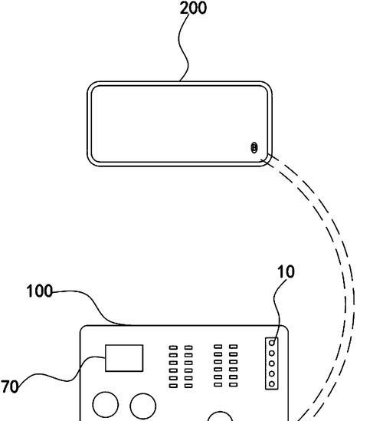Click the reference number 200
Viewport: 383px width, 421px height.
pos(193,8)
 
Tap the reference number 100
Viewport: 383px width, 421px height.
pos(39,291)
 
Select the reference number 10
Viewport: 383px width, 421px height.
pos(286,271)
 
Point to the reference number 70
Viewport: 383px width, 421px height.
pos(10,387)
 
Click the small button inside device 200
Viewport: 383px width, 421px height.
pos(254,148)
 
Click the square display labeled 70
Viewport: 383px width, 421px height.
pos(124,358)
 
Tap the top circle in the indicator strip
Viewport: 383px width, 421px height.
pos(272,343)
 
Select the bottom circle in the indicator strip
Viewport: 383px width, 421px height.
pos(272,384)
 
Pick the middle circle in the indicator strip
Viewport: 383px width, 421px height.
pos(272,363)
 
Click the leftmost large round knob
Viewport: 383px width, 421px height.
pos(106,405)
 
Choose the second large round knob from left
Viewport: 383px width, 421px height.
pos(143,406)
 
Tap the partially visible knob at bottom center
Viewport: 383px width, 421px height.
pos(220,416)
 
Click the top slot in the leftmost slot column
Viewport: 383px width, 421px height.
pos(173,347)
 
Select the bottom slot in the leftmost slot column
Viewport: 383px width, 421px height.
pos(173,386)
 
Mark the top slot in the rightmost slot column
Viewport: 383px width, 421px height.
pos(234,347)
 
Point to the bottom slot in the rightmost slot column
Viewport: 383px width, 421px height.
pos(234,385)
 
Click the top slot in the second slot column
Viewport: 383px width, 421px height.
pos(188,347)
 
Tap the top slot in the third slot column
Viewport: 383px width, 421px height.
pos(218,347)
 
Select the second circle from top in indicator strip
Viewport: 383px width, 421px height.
pos(272,354)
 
